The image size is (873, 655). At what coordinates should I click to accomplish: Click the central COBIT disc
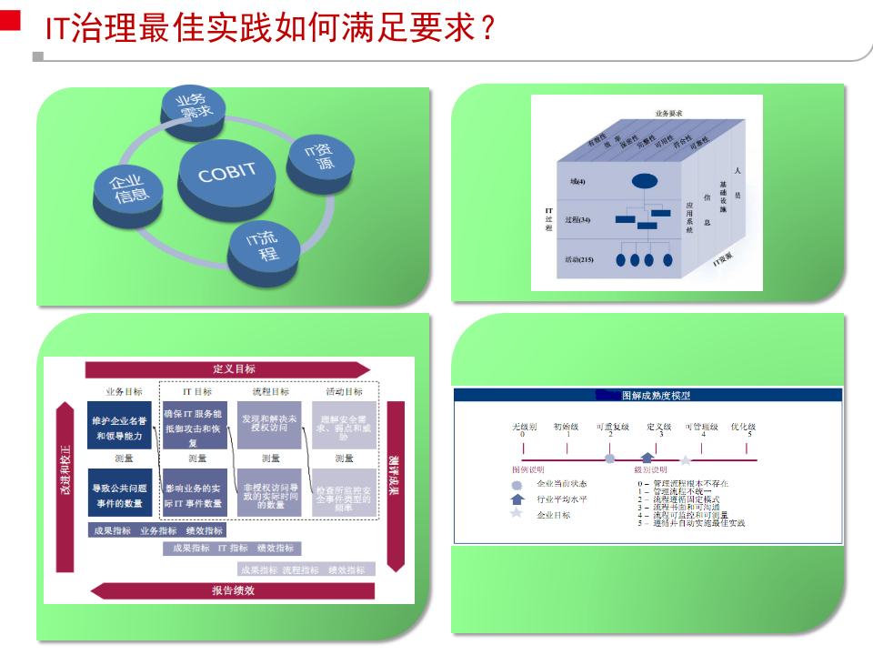click(x=227, y=173)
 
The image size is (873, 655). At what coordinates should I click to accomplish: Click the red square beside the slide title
click(x=10, y=22)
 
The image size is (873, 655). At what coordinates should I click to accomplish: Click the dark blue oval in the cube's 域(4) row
click(x=645, y=181)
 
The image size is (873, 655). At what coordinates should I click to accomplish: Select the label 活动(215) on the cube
click(x=578, y=260)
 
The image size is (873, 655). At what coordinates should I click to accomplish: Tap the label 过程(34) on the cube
click(x=577, y=220)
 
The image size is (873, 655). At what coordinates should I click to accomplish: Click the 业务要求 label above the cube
click(x=668, y=114)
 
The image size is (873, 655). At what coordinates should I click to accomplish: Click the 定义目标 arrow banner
click(x=229, y=368)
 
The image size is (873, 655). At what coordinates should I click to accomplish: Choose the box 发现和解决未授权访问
click(x=268, y=423)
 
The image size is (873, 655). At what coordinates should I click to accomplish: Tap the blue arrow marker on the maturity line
click(x=647, y=458)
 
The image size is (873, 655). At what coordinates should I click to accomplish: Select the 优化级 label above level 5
click(x=743, y=426)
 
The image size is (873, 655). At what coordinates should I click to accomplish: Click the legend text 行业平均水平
click(x=562, y=499)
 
